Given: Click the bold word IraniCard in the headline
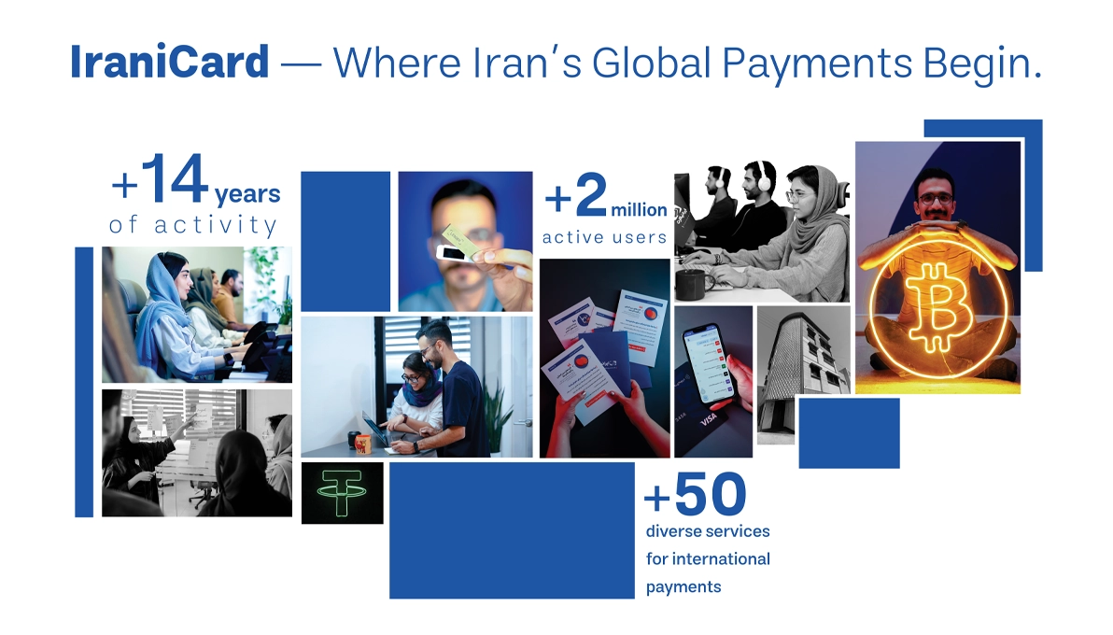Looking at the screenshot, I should tap(169, 62).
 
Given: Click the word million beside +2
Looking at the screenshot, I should tap(640, 210).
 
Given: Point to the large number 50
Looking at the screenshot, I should tap(710, 495).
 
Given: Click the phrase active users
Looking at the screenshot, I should tap(605, 237).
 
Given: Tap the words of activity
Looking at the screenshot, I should tap(193, 225).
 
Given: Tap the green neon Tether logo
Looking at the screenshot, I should tap(342, 492).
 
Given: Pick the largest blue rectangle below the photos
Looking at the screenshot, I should tap(512, 529).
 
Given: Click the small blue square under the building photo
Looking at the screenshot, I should tap(849, 432).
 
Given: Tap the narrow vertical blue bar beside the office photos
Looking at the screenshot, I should tap(84, 381).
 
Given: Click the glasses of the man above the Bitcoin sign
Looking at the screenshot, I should tap(935, 199).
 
